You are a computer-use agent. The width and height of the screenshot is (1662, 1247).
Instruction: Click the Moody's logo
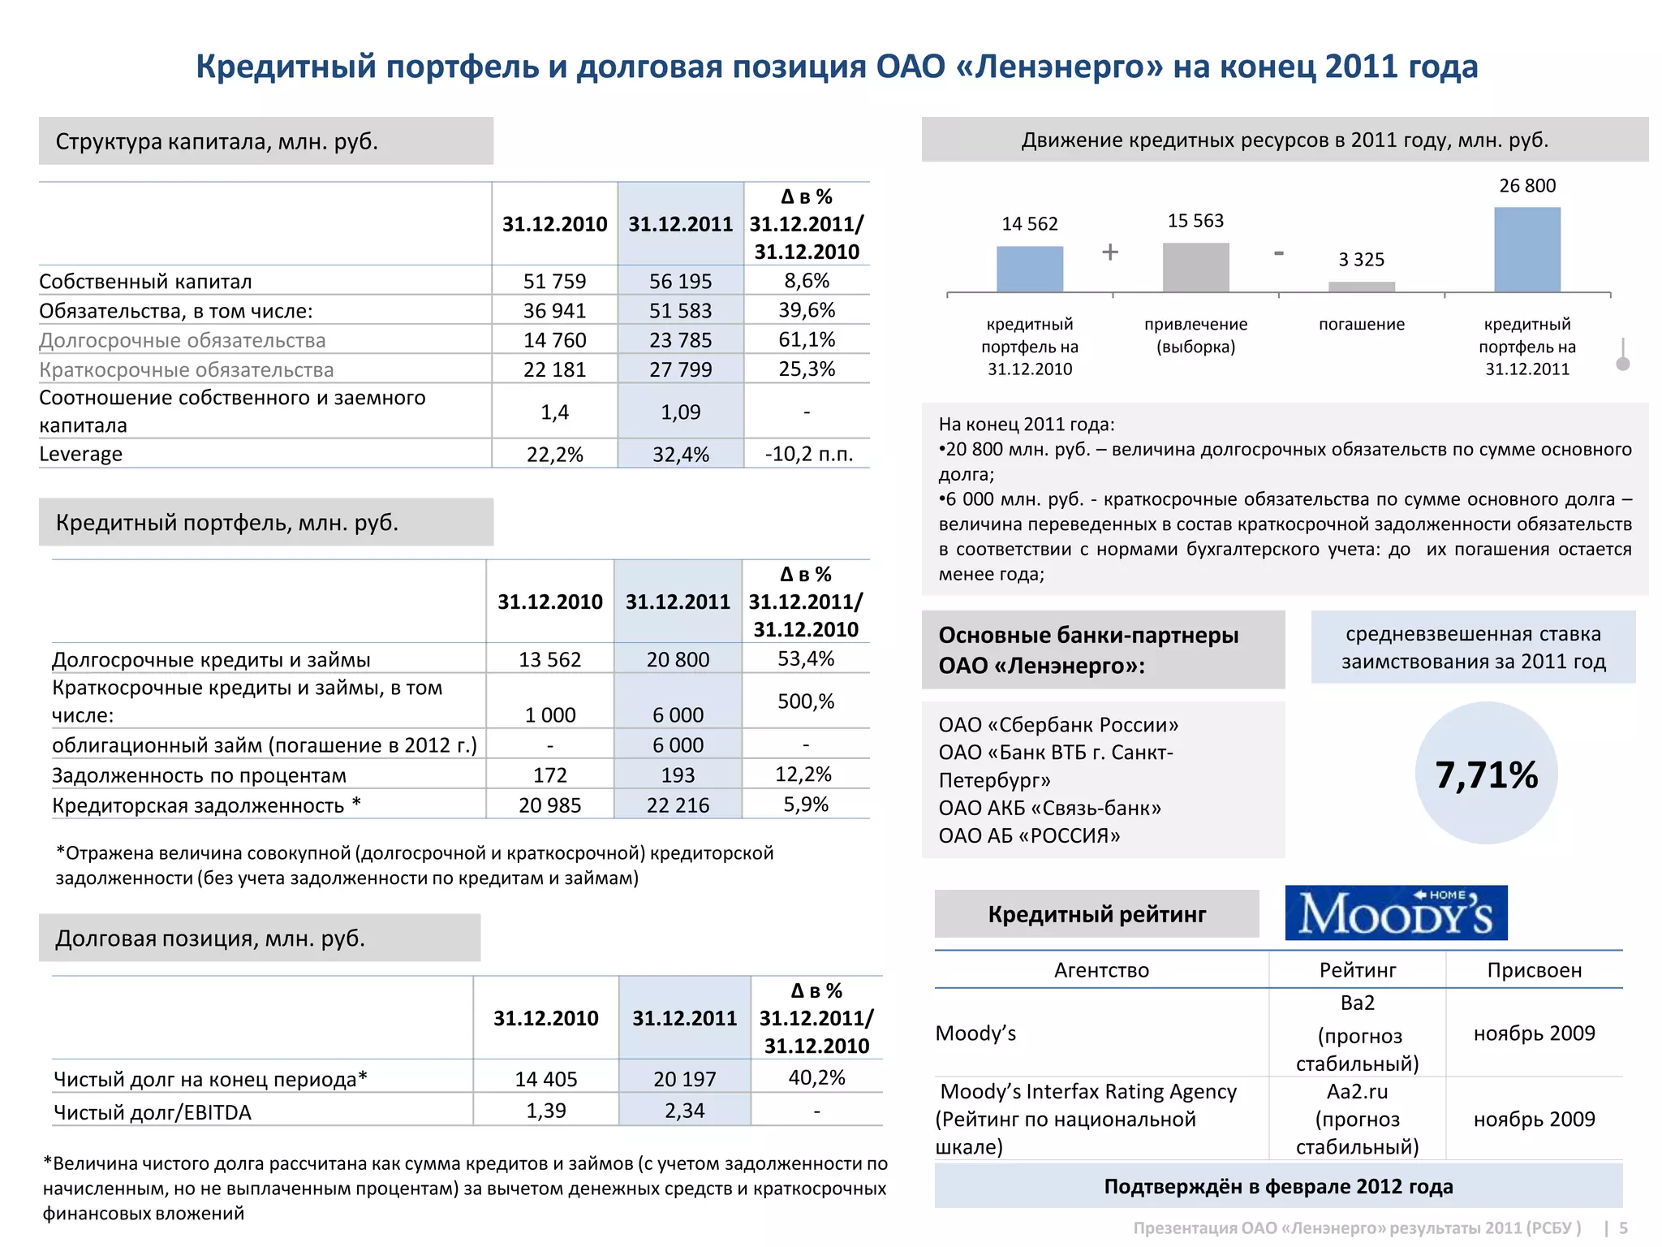pos(1396,913)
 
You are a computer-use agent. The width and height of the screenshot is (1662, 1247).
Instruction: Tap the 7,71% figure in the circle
pos(1486,775)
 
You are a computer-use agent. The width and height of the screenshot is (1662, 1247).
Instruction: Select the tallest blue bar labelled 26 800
pos(1526,249)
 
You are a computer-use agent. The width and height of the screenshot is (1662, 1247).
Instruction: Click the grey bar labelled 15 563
pos(1195,267)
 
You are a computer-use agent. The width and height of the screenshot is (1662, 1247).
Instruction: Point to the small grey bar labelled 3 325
pos(1361,287)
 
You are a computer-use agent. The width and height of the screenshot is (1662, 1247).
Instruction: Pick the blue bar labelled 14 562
pos(1029,269)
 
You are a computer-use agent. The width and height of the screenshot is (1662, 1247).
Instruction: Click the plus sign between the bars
pos(1110,252)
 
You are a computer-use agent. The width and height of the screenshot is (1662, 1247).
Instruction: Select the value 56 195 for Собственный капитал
pos(680,281)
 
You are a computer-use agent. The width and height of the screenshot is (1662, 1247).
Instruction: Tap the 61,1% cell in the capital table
pos(806,339)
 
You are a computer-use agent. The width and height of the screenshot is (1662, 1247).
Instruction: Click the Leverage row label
pos(81,454)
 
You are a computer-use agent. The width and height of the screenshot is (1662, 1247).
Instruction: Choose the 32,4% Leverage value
pos(680,455)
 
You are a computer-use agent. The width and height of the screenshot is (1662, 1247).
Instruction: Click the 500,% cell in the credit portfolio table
pos(805,701)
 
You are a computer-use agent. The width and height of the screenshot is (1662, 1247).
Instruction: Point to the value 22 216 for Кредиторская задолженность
pos(678,805)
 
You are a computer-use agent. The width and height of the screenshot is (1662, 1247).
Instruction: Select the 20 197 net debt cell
pos(684,1079)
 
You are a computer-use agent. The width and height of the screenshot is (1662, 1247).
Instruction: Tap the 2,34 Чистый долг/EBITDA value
pos(684,1111)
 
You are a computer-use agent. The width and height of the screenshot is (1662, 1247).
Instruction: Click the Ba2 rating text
pos(1357,1003)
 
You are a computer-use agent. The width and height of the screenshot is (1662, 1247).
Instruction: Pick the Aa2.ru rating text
pos(1357,1092)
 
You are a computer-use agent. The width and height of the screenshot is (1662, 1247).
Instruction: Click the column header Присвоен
pos(1534,970)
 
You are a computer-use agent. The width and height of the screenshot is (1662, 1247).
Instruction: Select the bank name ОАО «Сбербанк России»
pos(1058,725)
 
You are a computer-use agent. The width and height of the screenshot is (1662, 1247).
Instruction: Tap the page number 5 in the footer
pos(1623,1228)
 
